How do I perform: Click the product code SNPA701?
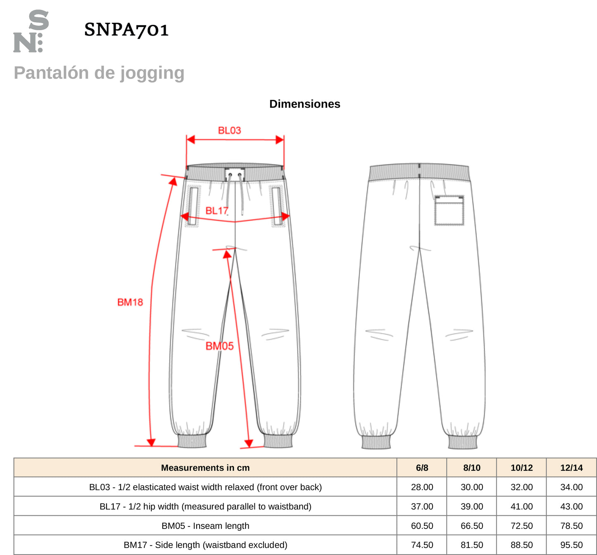point(126,30)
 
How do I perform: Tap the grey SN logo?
point(31,31)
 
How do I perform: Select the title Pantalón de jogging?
point(99,73)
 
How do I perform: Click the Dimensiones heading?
point(304,104)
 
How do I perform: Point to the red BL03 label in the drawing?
point(229,131)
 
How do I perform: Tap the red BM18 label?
point(130,302)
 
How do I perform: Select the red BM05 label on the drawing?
point(219,346)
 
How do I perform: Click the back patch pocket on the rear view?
point(449,210)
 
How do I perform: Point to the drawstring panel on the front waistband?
point(235,175)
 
